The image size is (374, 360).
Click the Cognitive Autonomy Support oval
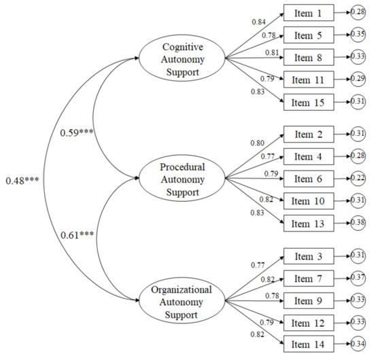pyautogui.click(x=183, y=58)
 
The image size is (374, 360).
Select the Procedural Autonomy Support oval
pyautogui.click(x=183, y=179)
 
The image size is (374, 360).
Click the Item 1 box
pyautogui.click(x=309, y=12)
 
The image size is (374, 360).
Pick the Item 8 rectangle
pyautogui.click(x=309, y=57)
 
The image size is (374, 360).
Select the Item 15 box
pyautogui.click(x=309, y=103)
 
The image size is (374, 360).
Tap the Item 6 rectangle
pyautogui.click(x=309, y=179)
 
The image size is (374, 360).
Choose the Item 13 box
pyautogui.click(x=309, y=223)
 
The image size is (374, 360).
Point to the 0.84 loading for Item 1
pyautogui.click(x=258, y=22)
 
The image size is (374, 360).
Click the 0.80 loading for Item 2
pyautogui.click(x=258, y=143)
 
